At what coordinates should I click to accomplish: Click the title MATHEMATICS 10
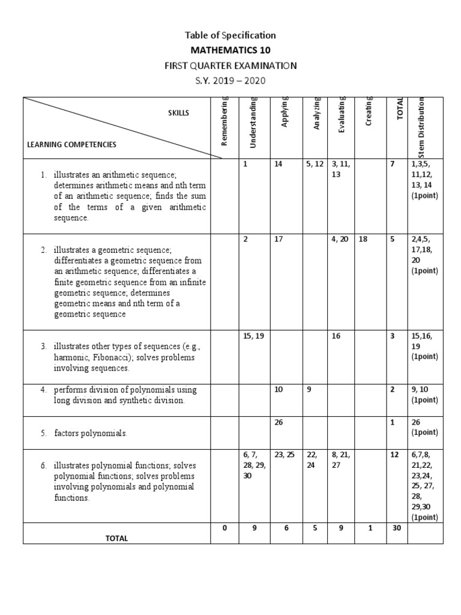230,50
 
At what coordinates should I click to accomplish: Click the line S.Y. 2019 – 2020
230,80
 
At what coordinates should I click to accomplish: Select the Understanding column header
253,123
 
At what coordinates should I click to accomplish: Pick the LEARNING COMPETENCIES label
72,145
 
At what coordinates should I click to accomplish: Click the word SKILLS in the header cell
178,113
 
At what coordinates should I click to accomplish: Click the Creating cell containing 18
363,239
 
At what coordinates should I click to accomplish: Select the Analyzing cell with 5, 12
314,163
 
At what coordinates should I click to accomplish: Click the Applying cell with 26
279,422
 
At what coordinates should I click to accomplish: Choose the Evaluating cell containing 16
336,336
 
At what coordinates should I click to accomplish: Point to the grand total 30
396,528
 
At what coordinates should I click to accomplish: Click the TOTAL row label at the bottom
116,538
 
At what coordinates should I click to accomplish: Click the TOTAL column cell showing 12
394,455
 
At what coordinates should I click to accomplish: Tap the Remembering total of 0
224,528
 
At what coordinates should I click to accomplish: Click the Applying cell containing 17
279,239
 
